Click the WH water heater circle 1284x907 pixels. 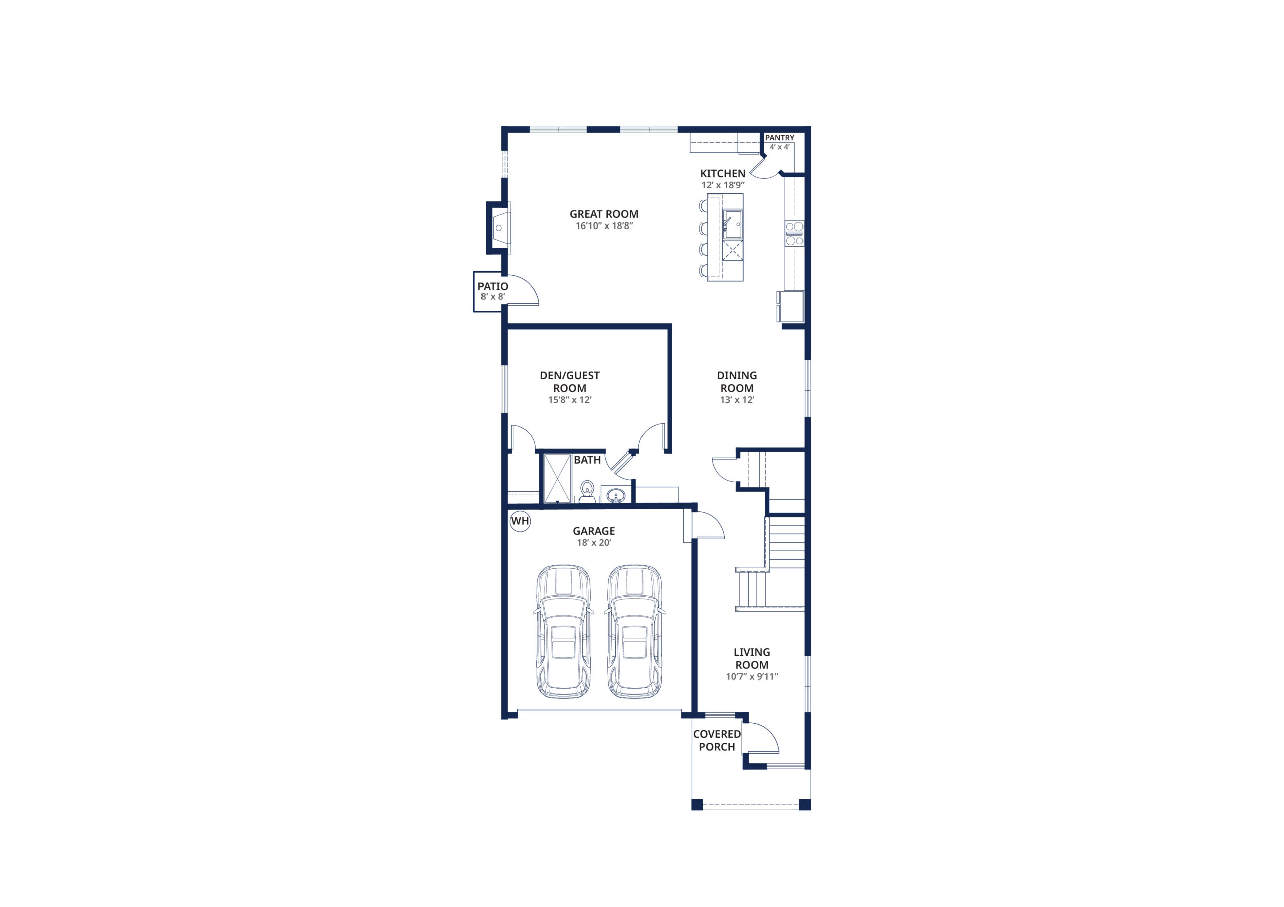click(520, 521)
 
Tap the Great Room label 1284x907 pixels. click(604, 214)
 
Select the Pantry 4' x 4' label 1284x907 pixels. click(779, 142)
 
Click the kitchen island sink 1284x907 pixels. click(733, 224)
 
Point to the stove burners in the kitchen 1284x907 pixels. click(794, 233)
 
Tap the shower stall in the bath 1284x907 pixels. click(558, 479)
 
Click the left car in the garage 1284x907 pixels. click(563, 631)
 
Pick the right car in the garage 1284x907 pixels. click(635, 631)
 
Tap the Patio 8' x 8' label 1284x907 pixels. click(493, 291)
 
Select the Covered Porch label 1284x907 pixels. click(717, 741)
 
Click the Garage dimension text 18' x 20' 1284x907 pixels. click(594, 543)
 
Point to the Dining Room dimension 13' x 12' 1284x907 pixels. click(737, 400)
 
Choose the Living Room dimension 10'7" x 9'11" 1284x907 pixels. click(752, 677)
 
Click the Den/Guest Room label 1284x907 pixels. click(570, 382)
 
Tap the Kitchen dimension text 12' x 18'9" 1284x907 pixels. click(723, 185)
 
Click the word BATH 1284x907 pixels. click(587, 460)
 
